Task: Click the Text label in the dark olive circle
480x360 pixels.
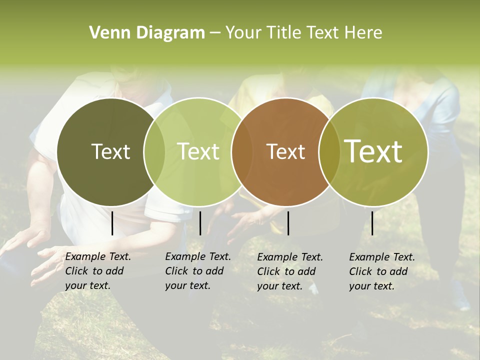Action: (x=110, y=151)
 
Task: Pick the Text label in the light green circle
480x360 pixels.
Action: (x=198, y=151)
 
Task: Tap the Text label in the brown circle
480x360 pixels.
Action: (x=285, y=151)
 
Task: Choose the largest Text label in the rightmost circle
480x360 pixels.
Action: (x=373, y=151)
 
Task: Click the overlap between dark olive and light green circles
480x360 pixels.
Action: (x=154, y=151)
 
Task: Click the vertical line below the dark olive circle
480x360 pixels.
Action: (x=112, y=223)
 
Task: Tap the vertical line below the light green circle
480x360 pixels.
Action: (x=200, y=223)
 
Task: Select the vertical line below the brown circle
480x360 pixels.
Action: (x=288, y=223)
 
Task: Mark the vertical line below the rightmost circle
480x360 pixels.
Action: (x=372, y=223)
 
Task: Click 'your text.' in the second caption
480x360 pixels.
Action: (x=187, y=285)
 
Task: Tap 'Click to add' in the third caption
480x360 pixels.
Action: (x=286, y=271)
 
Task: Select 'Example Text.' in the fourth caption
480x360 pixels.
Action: (x=382, y=257)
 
